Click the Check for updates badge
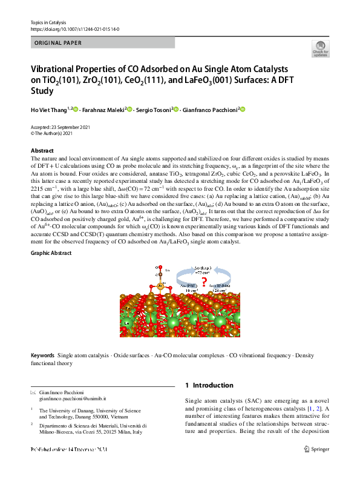tap(320, 49)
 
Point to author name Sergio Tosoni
tap(153, 110)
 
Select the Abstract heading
tap(42, 151)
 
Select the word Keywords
tap(42, 356)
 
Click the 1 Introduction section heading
tap(209, 385)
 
